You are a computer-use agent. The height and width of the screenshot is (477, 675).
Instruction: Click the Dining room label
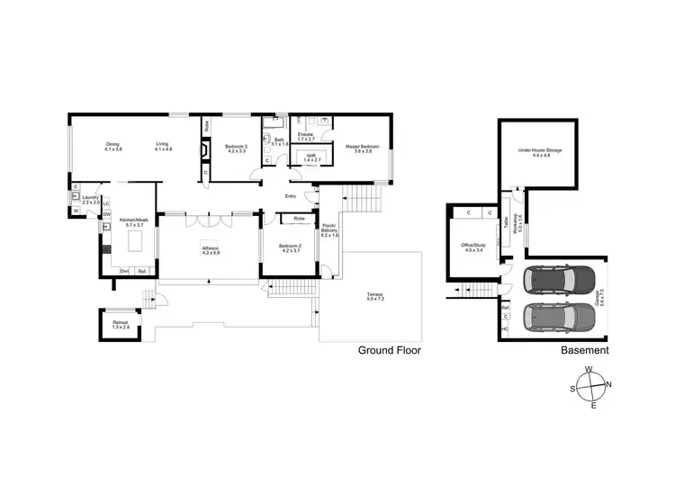click(x=112, y=146)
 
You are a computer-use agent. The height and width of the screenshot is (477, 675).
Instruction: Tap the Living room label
click(x=163, y=146)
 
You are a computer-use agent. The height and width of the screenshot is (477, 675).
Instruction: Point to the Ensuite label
click(x=306, y=137)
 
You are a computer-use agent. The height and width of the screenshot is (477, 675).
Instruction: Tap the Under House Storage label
click(x=540, y=153)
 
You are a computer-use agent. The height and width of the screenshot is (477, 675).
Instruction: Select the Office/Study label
click(x=473, y=247)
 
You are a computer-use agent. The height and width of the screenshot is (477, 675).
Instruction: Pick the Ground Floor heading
click(x=390, y=350)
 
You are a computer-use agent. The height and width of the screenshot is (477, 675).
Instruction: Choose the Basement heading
click(x=585, y=350)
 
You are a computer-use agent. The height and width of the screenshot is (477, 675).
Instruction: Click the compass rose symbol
click(x=589, y=387)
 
